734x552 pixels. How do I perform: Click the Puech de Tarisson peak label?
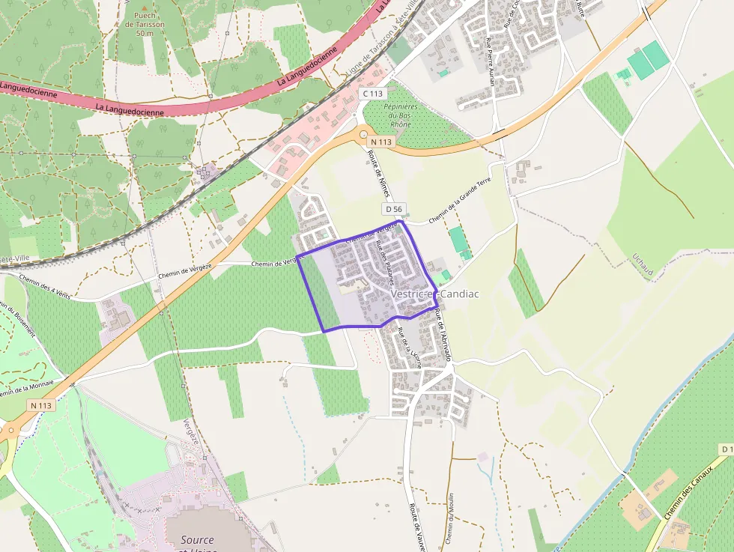pos(145,24)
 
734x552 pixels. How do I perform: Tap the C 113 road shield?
pos(372,94)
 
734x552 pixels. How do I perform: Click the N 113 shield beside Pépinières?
pos(381,142)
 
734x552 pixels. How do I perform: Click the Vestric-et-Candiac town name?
pos(434,294)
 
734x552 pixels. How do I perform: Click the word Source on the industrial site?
pos(197,539)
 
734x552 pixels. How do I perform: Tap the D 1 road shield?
pos(726,449)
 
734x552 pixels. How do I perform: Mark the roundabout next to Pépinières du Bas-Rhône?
pos(363,135)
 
